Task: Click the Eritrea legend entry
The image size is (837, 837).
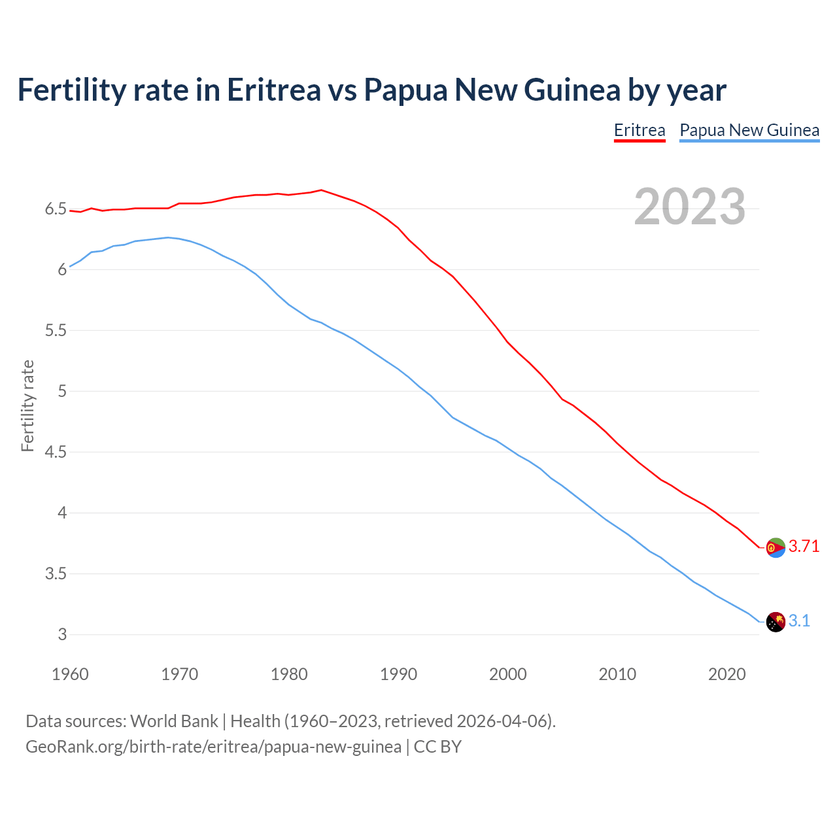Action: tap(640, 130)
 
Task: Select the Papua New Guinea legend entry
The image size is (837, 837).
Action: tap(749, 130)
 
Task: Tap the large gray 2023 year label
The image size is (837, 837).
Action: tap(690, 207)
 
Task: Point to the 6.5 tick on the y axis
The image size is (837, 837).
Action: tap(56, 209)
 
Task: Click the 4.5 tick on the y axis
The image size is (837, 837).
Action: tap(56, 453)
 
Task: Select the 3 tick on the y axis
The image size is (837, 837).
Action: tap(62, 635)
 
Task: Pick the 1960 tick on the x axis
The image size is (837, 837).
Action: tap(70, 674)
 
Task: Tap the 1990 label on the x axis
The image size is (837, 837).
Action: tap(398, 674)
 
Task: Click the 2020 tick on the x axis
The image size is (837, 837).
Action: tap(726, 674)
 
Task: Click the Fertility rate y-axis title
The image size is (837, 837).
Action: tap(27, 405)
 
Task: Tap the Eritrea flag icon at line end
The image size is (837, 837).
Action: tap(776, 547)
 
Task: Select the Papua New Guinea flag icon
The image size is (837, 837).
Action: tap(776, 622)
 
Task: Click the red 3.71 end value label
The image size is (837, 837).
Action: tap(804, 547)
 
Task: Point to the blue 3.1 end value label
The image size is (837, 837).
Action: tap(799, 621)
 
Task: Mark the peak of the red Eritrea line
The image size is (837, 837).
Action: tap(321, 190)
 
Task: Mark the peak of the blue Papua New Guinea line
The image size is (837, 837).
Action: tap(168, 237)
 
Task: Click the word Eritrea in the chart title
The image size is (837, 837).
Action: tap(274, 90)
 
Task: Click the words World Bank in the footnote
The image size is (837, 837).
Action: tap(174, 721)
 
